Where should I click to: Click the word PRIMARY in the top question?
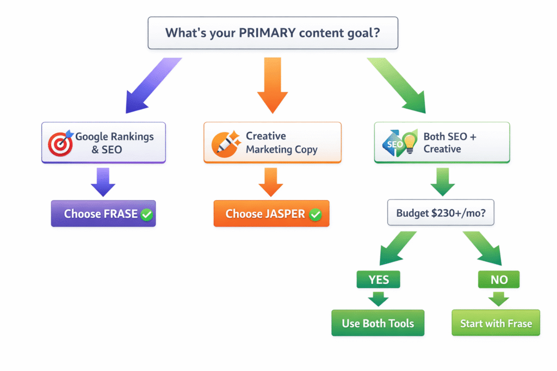click(x=265, y=33)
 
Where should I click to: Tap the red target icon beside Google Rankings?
click(x=59, y=143)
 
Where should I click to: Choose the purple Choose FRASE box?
click(x=103, y=213)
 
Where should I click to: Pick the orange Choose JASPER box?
click(x=271, y=213)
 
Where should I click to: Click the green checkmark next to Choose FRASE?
click(x=147, y=215)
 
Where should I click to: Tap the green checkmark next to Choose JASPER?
click(x=315, y=215)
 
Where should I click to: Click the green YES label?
click(x=378, y=280)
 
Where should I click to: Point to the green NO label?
click(x=499, y=280)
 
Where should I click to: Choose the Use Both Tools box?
click(x=377, y=323)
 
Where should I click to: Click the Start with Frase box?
click(x=496, y=323)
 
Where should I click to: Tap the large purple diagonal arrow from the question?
click(x=150, y=84)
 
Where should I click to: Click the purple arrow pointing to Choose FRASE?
click(x=103, y=181)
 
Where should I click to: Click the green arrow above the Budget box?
click(x=442, y=181)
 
